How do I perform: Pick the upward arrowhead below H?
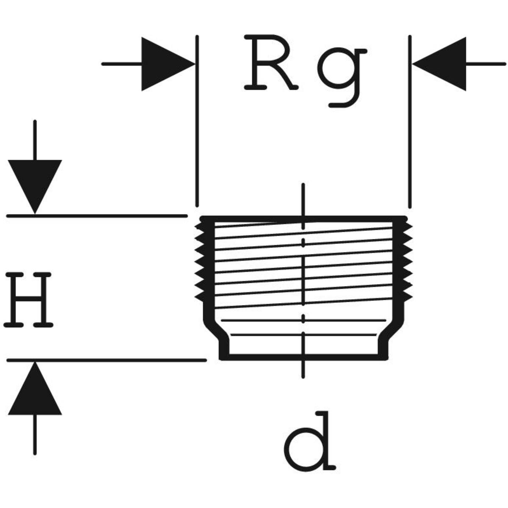(x=35, y=389)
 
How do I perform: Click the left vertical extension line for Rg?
(x=196, y=127)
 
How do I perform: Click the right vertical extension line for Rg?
(x=409, y=127)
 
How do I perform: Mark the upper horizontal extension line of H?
(x=97, y=215)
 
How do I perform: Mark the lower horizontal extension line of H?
(x=106, y=360)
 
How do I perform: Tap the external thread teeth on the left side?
(x=199, y=262)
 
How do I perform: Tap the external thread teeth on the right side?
(x=407, y=262)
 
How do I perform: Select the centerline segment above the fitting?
(x=302, y=199)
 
